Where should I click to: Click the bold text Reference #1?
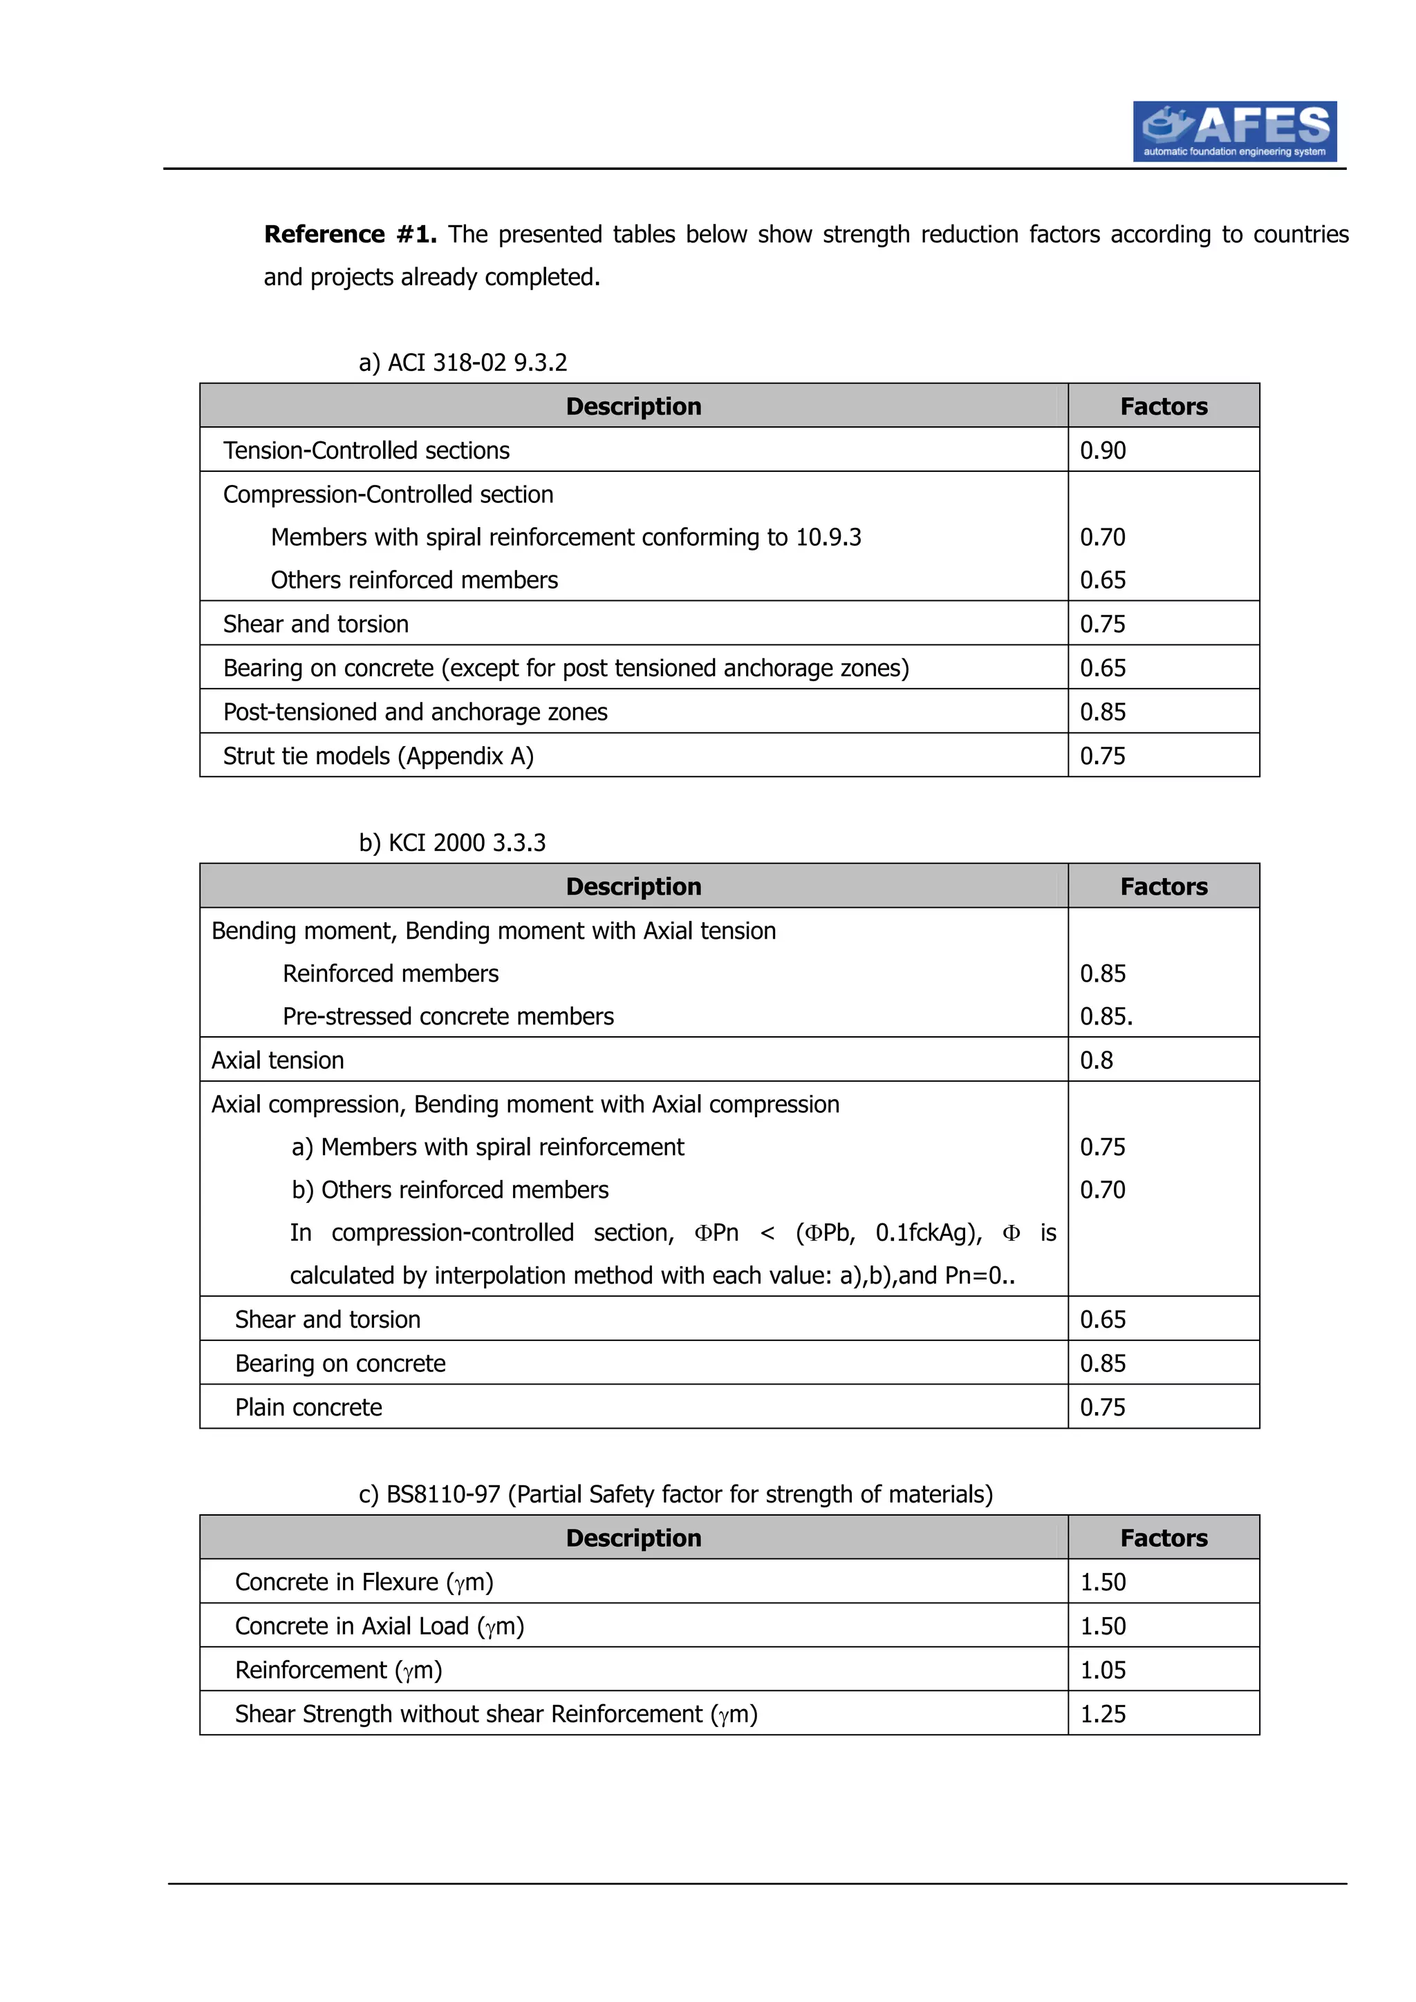350,235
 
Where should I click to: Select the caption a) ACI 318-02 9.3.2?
463,363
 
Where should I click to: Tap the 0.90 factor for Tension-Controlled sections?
1103,451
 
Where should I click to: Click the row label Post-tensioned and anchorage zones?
416,712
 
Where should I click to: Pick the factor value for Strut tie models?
1103,756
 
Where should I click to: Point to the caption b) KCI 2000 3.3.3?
452,843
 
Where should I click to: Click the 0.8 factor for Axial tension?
1097,1060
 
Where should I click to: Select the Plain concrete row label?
309,1407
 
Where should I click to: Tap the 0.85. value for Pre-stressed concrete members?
1106,1017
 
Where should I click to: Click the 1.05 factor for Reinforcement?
1103,1670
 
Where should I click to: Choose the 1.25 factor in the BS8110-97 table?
1103,1714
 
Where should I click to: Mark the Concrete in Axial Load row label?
380,1626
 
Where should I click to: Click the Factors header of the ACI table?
1164,406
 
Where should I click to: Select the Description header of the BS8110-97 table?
633,1538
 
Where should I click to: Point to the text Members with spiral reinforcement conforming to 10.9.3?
566,537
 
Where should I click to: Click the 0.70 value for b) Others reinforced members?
1103,1190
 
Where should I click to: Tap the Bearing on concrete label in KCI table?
340,1364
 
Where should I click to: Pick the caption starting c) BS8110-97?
676,1494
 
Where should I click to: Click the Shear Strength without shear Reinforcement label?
496,1714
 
